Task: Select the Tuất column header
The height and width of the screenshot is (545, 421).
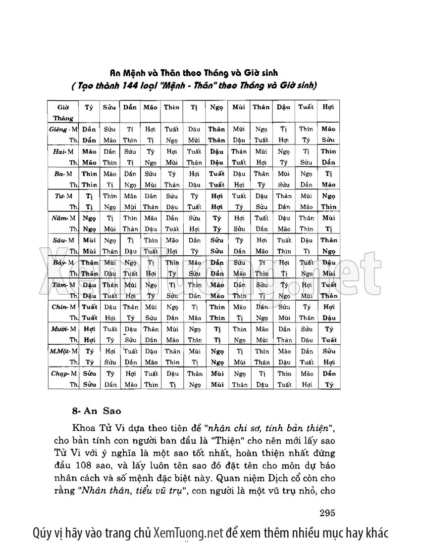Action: pyautogui.click(x=306, y=107)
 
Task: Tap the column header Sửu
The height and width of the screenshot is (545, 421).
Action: pyautogui.click(x=109, y=107)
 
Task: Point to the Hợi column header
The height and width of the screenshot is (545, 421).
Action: pyautogui.click(x=328, y=107)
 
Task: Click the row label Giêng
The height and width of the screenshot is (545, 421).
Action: pyautogui.click(x=58, y=129)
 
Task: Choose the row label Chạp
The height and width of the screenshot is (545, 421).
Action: pyautogui.click(x=59, y=374)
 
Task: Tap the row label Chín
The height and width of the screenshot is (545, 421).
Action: pyautogui.click(x=59, y=307)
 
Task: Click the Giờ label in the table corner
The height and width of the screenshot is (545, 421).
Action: pyautogui.click(x=63, y=107)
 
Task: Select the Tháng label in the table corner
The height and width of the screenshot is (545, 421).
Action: pyautogui.click(x=63, y=119)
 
